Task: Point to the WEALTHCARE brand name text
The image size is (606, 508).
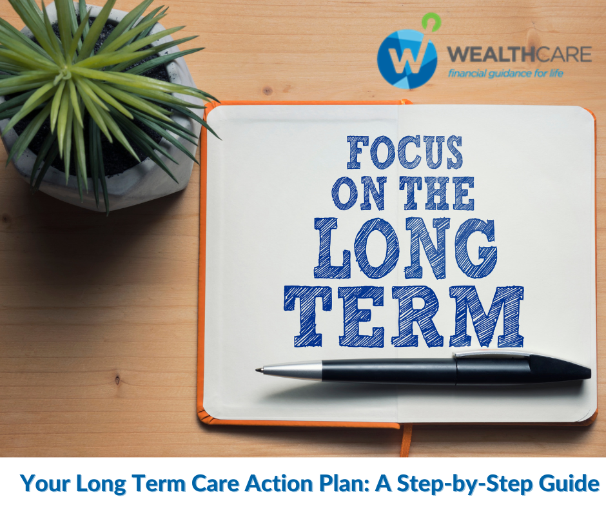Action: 519,54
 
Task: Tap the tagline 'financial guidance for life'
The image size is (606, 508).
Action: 506,73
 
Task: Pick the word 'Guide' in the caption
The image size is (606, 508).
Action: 571,483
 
